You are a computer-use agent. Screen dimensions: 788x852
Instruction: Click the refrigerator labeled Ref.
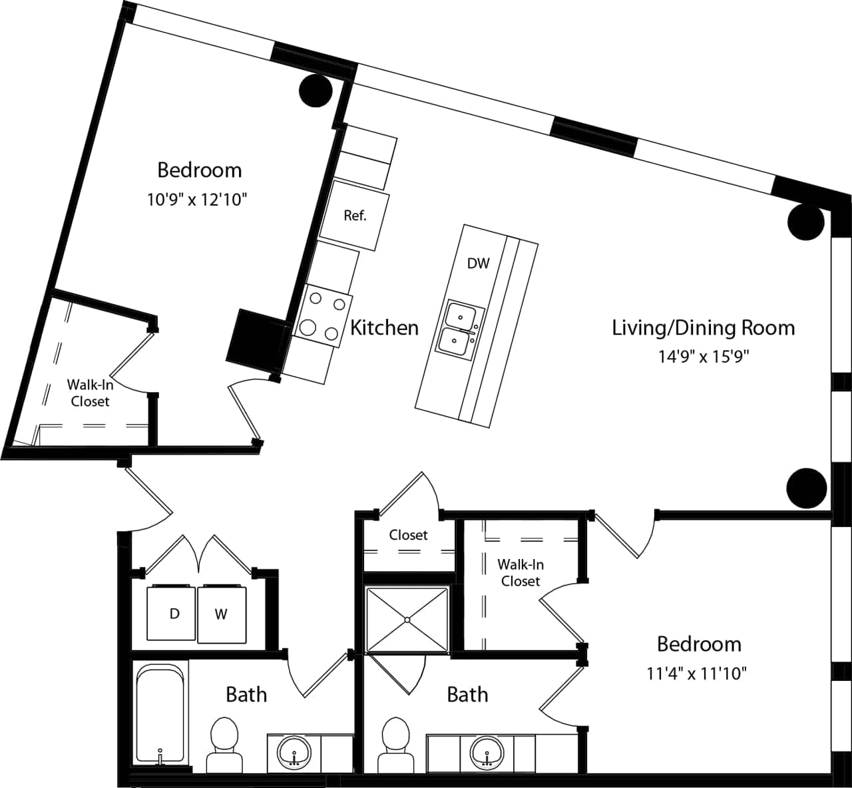353,216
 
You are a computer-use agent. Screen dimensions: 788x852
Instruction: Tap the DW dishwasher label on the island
478,263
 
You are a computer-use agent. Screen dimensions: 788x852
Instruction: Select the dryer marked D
174,614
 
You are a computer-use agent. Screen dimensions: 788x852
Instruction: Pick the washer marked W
221,614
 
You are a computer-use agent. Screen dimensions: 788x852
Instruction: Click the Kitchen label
384,327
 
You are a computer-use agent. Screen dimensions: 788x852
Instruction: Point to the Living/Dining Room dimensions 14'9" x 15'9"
704,357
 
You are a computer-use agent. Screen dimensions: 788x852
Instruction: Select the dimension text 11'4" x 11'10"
696,674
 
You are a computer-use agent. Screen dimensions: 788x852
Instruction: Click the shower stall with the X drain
407,620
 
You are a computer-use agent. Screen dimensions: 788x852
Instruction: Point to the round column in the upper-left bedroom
316,91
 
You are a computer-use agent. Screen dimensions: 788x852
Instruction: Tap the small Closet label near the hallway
408,535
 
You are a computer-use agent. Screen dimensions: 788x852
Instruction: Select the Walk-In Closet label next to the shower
521,572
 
